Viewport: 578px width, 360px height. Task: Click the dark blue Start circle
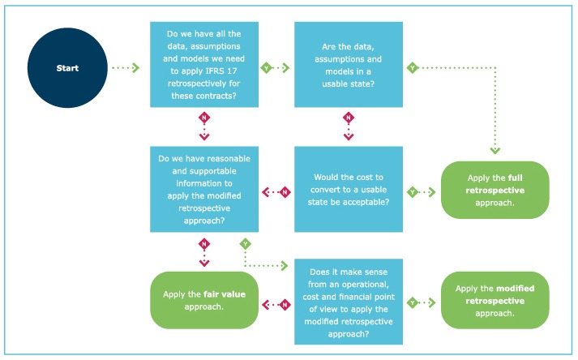coord(68,68)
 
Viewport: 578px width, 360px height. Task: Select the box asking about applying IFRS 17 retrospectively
coord(204,64)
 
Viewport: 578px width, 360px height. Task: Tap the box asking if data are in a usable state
coord(349,64)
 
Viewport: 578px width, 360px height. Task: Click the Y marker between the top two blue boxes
coord(266,69)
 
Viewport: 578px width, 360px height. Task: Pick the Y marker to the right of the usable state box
coord(413,69)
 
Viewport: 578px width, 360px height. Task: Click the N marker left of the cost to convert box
coord(285,192)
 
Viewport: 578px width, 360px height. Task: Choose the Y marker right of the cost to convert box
coord(413,192)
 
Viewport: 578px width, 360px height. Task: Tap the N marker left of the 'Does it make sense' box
coord(285,304)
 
